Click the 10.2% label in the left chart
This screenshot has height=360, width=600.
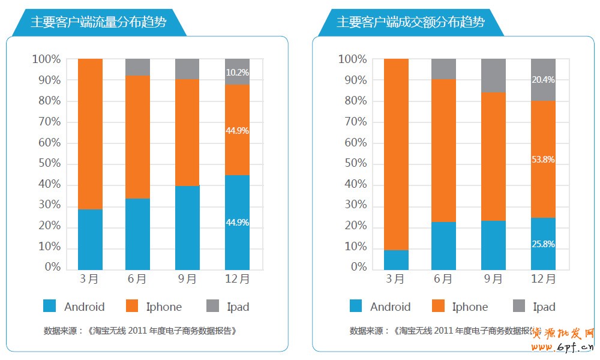click(237, 73)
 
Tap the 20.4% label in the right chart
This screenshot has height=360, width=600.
click(543, 80)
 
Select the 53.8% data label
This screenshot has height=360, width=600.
click(543, 160)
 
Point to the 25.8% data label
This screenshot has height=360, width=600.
click(543, 244)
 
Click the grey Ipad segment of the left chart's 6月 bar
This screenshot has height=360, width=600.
click(137, 67)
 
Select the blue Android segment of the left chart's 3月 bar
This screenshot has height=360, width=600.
click(90, 239)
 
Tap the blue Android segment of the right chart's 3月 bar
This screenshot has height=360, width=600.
click(396, 260)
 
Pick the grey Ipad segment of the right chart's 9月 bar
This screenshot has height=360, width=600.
click(493, 76)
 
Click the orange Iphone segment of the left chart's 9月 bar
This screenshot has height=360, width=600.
click(187, 133)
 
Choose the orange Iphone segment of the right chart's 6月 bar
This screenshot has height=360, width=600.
click(443, 151)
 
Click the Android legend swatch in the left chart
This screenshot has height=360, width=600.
click(50, 307)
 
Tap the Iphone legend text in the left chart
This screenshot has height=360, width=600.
click(164, 307)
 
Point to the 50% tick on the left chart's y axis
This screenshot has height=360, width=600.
click(46, 163)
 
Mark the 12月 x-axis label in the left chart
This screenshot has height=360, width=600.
click(237, 279)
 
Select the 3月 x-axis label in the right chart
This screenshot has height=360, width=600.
click(396, 279)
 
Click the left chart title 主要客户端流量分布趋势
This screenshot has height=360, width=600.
click(98, 23)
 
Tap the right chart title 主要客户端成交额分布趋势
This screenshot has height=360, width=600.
click(410, 23)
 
